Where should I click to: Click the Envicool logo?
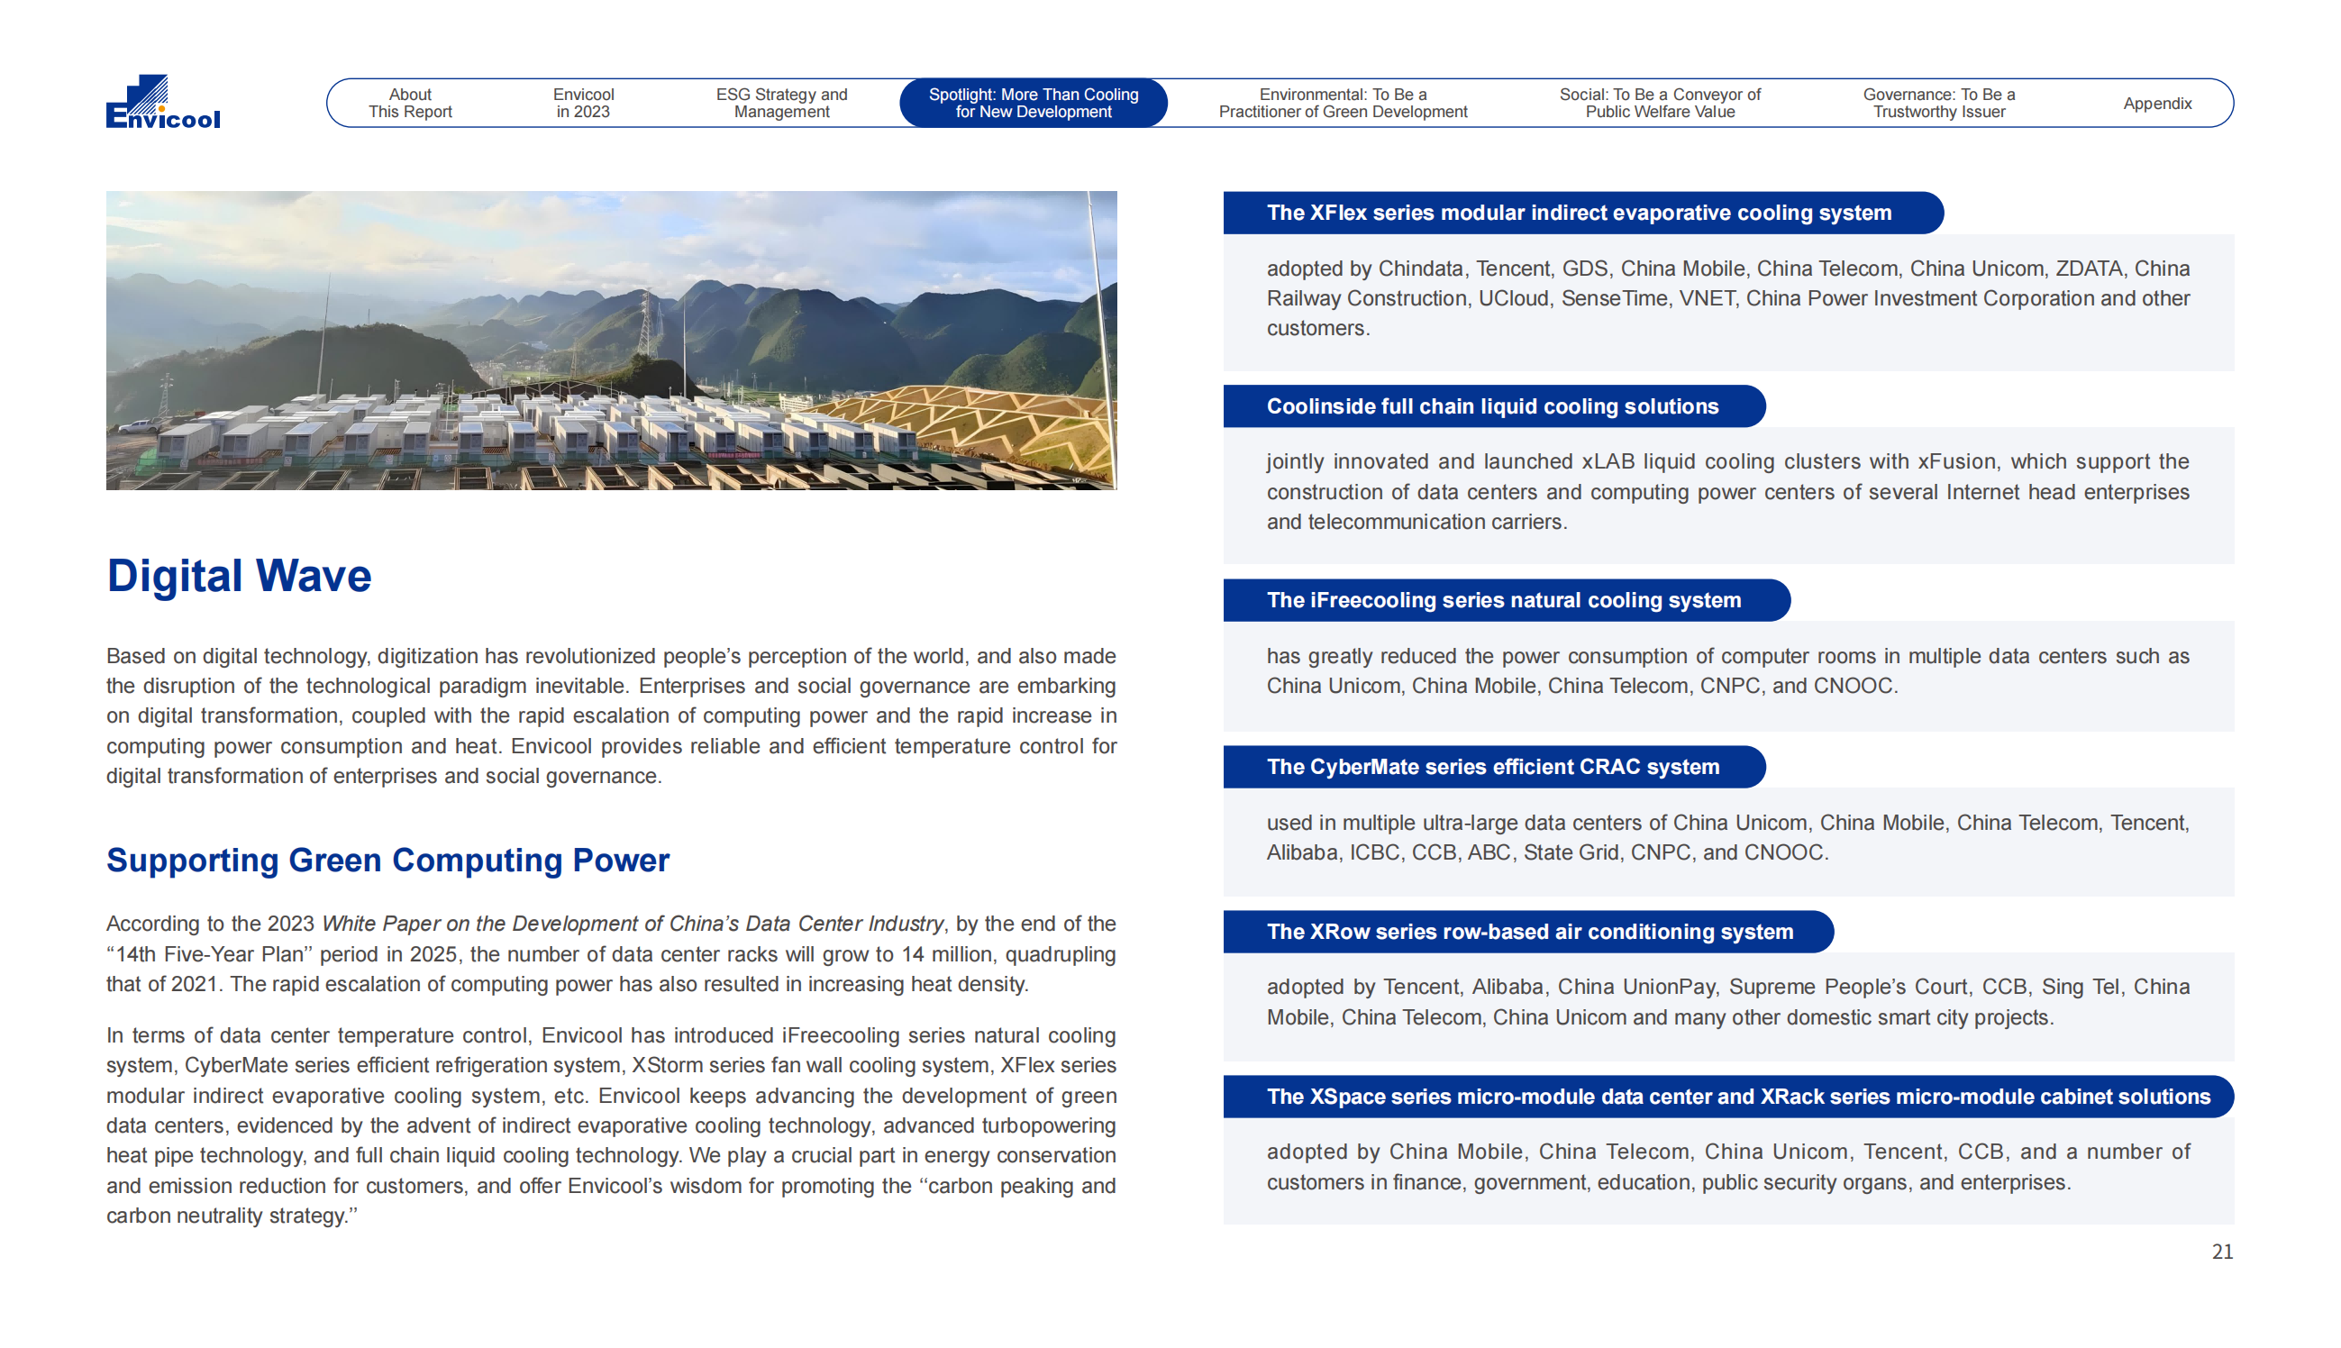[x=163, y=102]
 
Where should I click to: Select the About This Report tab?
[x=410, y=103]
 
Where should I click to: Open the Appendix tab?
[x=2156, y=104]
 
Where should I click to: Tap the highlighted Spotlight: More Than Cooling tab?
[x=1033, y=103]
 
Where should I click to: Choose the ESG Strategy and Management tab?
[x=781, y=103]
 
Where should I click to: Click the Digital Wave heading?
[x=239, y=576]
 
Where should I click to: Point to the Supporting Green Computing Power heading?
[x=387, y=861]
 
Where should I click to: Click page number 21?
[x=2220, y=1252]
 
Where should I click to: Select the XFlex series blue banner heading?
[x=1579, y=213]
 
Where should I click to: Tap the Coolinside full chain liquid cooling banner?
[x=1492, y=406]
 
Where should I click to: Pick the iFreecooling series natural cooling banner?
[x=1503, y=600]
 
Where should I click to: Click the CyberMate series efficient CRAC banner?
[x=1492, y=767]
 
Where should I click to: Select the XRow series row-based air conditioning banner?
[x=1529, y=932]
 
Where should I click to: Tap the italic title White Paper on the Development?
[x=633, y=924]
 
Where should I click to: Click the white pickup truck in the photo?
[x=140, y=427]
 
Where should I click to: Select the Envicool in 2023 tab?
[x=583, y=103]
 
